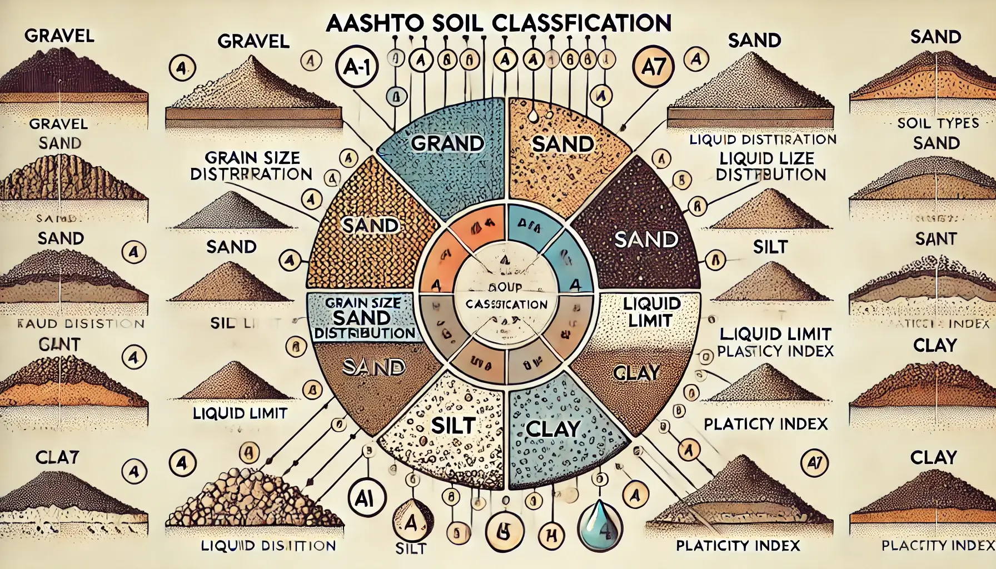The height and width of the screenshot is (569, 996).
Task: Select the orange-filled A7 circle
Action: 653,67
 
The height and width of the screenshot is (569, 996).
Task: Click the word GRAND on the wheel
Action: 447,143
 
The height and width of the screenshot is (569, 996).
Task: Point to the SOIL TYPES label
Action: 938,122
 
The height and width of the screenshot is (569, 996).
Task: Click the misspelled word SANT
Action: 936,239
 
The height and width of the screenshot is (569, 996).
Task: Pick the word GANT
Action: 59,345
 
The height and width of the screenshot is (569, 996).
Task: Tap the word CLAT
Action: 58,457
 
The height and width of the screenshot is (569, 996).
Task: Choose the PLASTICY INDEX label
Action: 775,351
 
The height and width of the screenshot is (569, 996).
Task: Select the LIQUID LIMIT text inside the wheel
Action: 652,312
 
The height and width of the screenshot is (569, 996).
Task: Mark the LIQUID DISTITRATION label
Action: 763,139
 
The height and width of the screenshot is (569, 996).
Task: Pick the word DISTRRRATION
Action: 251,174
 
